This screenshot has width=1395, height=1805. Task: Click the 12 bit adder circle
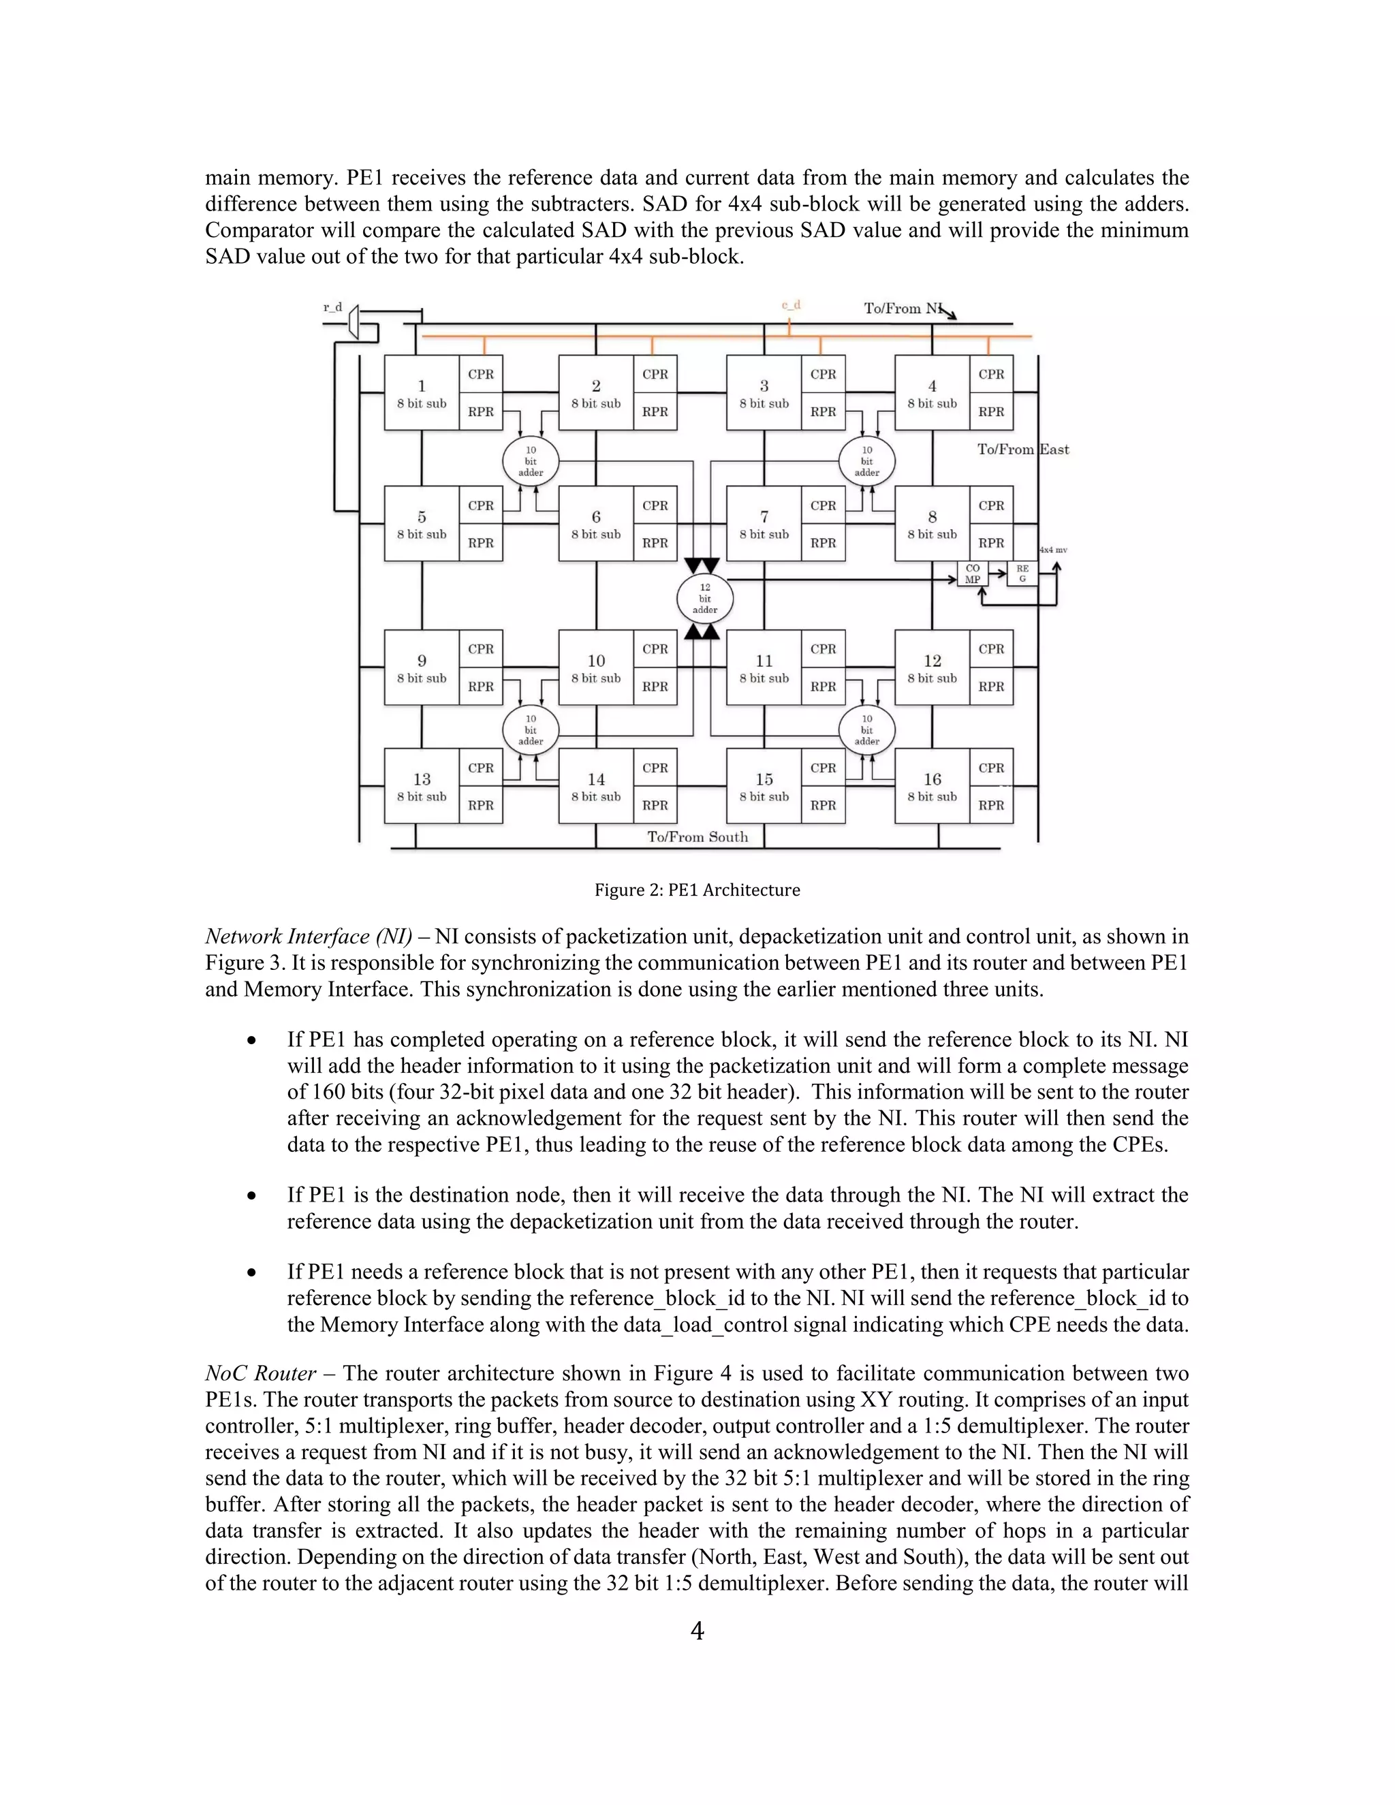tap(704, 598)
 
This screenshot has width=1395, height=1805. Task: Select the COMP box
tap(973, 574)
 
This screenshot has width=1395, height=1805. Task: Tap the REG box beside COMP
tap(1022, 574)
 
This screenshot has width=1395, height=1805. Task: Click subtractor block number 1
tap(422, 392)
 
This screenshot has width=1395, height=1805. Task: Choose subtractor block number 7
tap(764, 524)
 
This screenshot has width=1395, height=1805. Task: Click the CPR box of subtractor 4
tap(991, 375)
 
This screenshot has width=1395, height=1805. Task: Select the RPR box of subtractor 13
tap(481, 805)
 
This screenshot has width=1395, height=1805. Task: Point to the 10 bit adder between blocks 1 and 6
tap(531, 461)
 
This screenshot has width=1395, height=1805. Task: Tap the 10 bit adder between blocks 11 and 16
tap(866, 729)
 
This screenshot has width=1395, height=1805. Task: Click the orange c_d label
tap(791, 306)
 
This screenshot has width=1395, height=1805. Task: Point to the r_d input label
tap(332, 307)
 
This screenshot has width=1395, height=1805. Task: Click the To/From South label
tap(697, 836)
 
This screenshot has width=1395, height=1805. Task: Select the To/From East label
tap(1022, 450)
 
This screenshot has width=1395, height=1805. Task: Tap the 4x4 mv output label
tap(1053, 550)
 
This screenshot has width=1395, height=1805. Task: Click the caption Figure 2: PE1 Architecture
tap(697, 890)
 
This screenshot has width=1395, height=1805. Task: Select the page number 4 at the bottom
tap(697, 1631)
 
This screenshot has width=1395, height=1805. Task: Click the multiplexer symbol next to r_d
tap(354, 321)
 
